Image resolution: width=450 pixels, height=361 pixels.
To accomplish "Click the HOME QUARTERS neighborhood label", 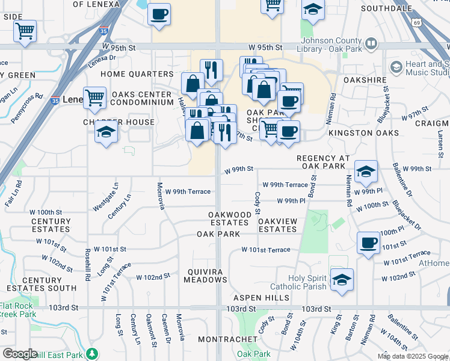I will pyautogui.click(x=137, y=74).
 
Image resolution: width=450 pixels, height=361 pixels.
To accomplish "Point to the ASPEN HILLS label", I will pyautogui.click(x=265, y=298).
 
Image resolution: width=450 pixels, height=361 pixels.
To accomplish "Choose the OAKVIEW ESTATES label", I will pyautogui.click(x=277, y=225).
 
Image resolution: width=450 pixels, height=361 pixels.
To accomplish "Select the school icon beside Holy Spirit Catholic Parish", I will pyautogui.click(x=342, y=280).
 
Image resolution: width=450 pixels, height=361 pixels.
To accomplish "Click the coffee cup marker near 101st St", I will pyautogui.click(x=368, y=243).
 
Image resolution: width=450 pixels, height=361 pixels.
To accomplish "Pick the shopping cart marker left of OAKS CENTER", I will pyautogui.click(x=95, y=97).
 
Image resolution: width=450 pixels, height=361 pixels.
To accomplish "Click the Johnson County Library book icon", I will pyautogui.click(x=371, y=44).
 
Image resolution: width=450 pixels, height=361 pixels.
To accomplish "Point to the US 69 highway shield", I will pyautogui.click(x=417, y=22).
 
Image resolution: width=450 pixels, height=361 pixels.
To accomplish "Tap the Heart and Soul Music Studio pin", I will pyautogui.click(x=396, y=66).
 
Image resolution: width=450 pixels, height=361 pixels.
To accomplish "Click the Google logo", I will pyautogui.click(x=20, y=354).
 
